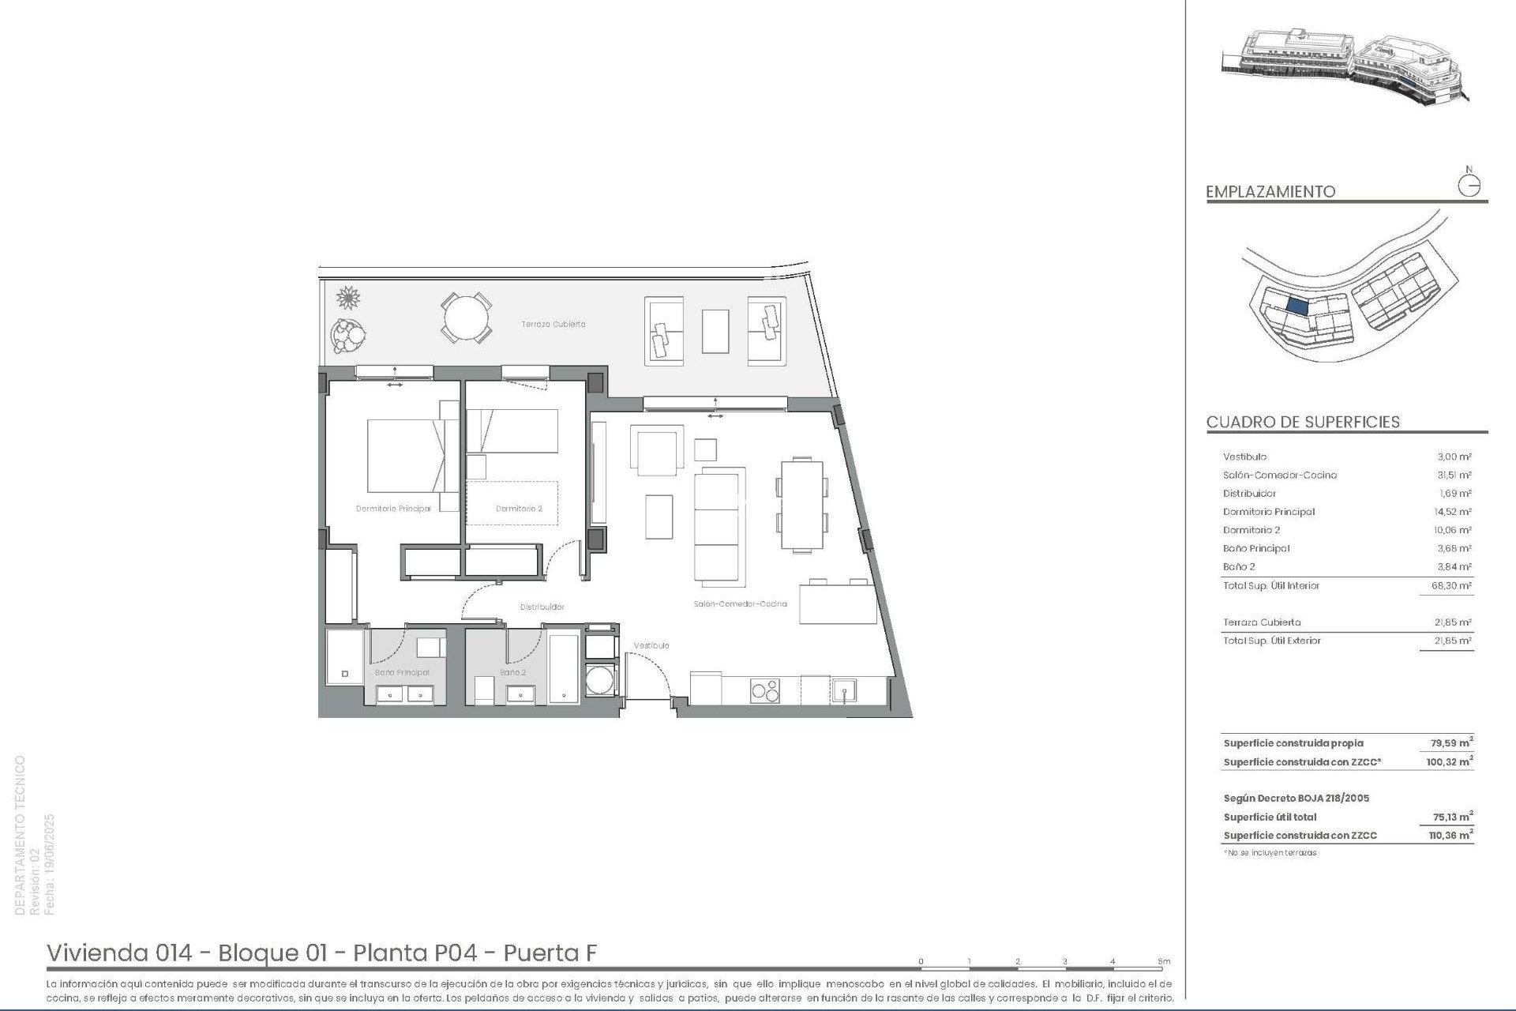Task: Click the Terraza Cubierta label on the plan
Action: click(x=553, y=324)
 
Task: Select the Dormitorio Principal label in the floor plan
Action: click(x=393, y=509)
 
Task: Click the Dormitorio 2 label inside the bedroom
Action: click(x=519, y=509)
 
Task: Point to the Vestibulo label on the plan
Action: click(x=651, y=645)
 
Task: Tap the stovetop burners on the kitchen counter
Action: click(x=764, y=690)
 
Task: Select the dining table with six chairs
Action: click(x=801, y=505)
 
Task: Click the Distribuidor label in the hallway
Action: click(x=542, y=607)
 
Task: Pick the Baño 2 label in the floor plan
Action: click(x=512, y=672)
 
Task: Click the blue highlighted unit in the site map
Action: click(x=1297, y=305)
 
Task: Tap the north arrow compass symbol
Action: click(x=1469, y=185)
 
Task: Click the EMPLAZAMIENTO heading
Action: click(x=1270, y=191)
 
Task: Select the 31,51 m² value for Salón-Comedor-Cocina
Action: click(x=1454, y=475)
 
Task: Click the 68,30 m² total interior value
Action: click(x=1453, y=585)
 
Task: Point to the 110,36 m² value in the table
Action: click(x=1450, y=835)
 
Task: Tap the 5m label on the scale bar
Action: click(x=1164, y=961)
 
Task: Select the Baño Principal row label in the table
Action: click(x=1256, y=548)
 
